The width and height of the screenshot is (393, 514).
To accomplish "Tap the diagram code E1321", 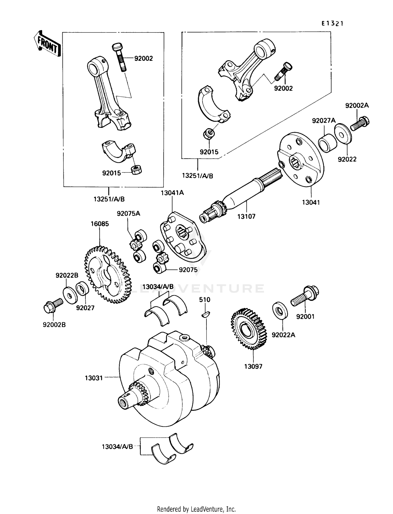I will click(x=332, y=24).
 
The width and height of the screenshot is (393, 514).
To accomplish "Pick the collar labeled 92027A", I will click(x=327, y=143).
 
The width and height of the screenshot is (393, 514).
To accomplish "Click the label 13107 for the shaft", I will click(x=246, y=216).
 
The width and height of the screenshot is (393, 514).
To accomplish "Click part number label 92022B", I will click(x=67, y=275).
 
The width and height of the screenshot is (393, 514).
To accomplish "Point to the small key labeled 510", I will click(x=205, y=315).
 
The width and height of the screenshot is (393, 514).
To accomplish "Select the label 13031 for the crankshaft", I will click(x=94, y=378).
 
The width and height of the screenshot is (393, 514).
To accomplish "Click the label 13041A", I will click(x=172, y=193).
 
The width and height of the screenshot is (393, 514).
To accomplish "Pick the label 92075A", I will click(x=128, y=214).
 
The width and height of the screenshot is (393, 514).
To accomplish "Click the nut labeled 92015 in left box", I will click(x=136, y=171).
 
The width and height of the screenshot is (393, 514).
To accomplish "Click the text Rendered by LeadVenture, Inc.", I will click(x=196, y=509).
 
